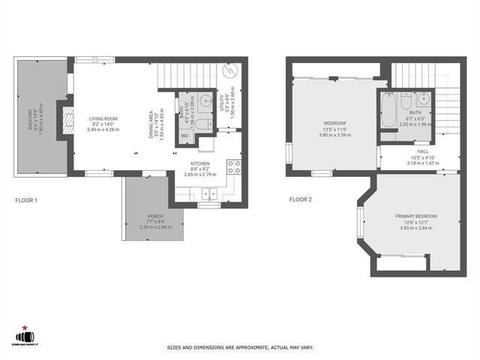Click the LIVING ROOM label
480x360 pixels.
(103, 118)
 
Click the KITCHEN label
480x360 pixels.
(199, 163)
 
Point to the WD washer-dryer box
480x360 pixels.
(184, 136)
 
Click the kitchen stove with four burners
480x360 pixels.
(233, 167)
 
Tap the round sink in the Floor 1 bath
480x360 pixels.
(205, 100)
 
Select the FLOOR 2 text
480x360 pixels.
(304, 200)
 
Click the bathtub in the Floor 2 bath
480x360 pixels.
(387, 111)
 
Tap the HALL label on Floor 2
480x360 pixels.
(412, 151)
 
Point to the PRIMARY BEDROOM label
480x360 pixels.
(415, 216)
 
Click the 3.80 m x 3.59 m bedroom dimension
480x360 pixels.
(334, 135)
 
